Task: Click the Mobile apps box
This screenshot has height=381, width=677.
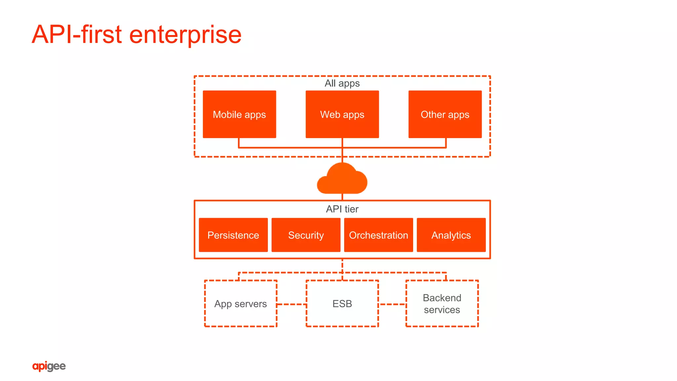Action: tap(239, 114)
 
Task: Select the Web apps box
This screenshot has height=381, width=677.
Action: tap(342, 114)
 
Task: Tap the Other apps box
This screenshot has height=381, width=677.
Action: tap(445, 114)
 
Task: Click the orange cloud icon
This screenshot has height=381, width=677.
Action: tap(342, 180)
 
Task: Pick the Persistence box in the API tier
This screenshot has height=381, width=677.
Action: tap(233, 235)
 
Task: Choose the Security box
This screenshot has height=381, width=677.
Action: tap(306, 235)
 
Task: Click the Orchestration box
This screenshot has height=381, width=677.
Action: tap(378, 235)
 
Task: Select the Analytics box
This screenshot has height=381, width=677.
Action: tap(451, 235)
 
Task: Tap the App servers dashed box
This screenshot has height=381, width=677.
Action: tap(241, 303)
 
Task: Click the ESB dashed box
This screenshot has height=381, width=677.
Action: tap(342, 303)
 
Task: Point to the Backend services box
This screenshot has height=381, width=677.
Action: tap(442, 303)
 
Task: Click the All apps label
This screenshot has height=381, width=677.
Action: tap(342, 83)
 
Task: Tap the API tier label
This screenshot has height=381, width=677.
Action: tap(342, 209)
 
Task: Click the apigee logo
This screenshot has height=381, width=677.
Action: tap(49, 366)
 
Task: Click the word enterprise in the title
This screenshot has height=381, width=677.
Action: tap(185, 35)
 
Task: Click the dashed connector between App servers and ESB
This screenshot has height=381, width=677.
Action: tap(292, 304)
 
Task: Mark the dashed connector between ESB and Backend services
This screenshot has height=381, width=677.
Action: tap(392, 304)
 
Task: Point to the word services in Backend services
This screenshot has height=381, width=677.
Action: tap(442, 310)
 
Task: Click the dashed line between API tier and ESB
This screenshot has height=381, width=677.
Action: tap(342, 266)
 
